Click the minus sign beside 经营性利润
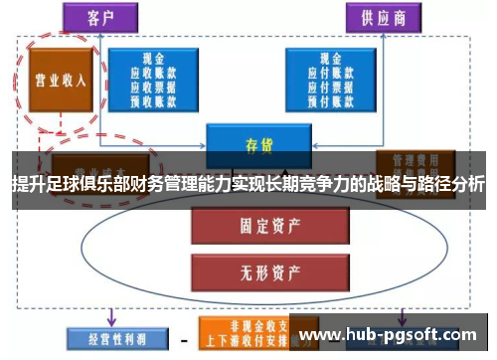pos(183,338)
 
